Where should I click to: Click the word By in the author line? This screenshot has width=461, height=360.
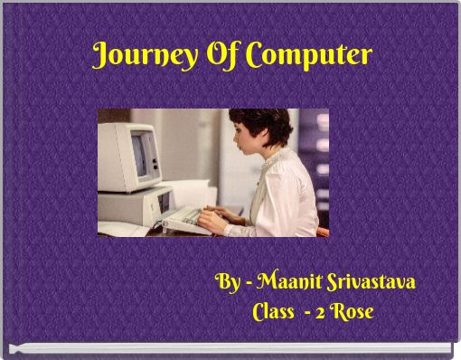(x=229, y=281)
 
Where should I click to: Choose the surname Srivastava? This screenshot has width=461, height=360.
(x=378, y=281)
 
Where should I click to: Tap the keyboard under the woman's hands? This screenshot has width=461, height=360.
(x=185, y=217)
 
